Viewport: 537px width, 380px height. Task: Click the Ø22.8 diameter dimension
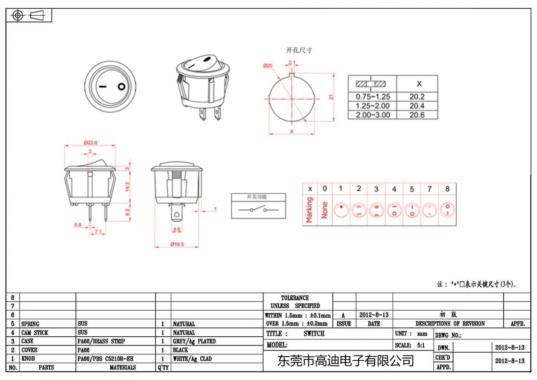click(90, 143)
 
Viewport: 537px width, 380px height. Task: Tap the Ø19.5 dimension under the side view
click(177, 244)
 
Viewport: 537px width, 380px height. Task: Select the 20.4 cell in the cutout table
click(417, 106)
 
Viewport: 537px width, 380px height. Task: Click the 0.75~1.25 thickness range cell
click(373, 97)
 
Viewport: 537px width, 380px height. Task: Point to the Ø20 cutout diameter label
click(268, 66)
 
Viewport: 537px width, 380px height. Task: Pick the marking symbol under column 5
click(412, 210)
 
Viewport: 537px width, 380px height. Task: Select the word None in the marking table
click(325, 210)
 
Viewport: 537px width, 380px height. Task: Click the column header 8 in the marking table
click(447, 189)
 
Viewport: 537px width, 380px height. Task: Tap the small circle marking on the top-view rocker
click(121, 87)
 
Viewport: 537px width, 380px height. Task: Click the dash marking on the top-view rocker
click(102, 87)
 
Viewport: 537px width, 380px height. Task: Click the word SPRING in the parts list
click(30, 324)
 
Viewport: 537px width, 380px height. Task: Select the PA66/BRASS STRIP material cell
click(101, 341)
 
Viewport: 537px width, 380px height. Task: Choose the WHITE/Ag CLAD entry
click(192, 359)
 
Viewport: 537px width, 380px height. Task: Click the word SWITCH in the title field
click(314, 334)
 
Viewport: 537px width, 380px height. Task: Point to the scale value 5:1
click(421, 345)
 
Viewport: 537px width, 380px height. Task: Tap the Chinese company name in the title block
click(345, 361)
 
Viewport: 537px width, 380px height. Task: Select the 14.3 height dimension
click(127, 186)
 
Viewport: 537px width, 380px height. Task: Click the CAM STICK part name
click(35, 333)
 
